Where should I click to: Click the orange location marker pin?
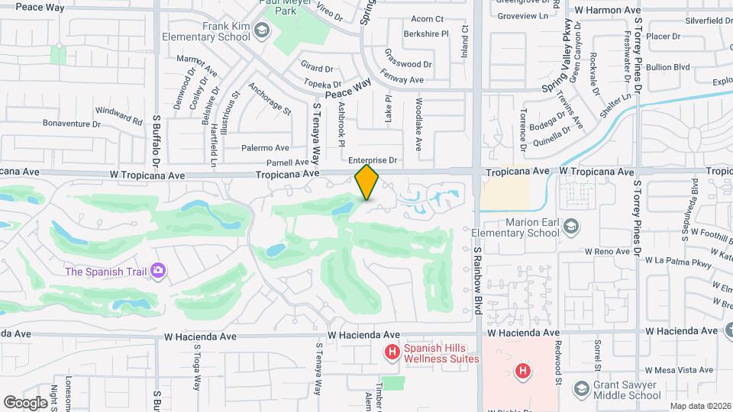[367, 182]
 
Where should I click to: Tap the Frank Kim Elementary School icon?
[263, 31]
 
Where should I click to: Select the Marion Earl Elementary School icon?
[572, 226]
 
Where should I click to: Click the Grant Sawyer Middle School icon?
[582, 389]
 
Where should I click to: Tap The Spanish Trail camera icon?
[159, 271]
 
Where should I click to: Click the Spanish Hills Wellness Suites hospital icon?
[392, 352]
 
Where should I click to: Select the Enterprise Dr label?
[373, 160]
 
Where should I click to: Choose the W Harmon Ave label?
[607, 11]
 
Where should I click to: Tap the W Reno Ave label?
[608, 251]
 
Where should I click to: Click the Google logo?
[26, 402]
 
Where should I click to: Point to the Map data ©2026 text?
[699, 406]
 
